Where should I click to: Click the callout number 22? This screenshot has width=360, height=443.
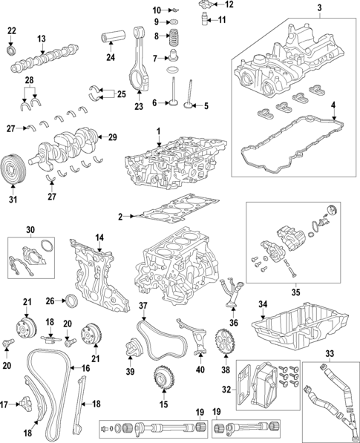12,30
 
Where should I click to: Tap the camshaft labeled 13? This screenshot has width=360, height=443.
45,58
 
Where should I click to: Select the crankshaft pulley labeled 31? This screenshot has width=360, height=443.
13,169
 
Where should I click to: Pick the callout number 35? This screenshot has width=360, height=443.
295,292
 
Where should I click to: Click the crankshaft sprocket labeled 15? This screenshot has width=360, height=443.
163,378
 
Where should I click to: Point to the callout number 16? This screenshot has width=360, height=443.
85,368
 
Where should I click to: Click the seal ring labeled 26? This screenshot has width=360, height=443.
71,301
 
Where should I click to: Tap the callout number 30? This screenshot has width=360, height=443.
30,230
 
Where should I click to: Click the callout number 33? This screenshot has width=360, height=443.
330,353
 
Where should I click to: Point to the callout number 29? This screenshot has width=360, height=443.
113,137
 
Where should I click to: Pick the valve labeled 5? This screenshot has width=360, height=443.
189,94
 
